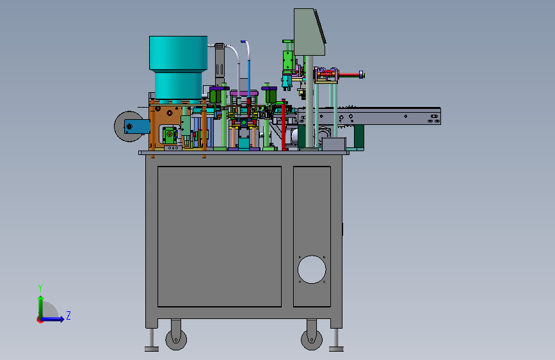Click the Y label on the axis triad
pyautogui.click(x=40, y=288)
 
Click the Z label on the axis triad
pyautogui.click(x=68, y=315)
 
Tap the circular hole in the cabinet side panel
pyautogui.click(x=312, y=269)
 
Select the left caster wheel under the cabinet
pyautogui.click(x=176, y=340)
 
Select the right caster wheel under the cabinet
pyautogui.click(x=312, y=340)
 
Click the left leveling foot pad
pyautogui.click(x=152, y=349)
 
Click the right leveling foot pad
pyautogui.click(x=336, y=349)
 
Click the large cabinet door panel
pyautogui.click(x=220, y=236)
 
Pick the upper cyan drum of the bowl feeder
pyautogui.click(x=179, y=53)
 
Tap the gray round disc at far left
pyautogui.click(x=121, y=126)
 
